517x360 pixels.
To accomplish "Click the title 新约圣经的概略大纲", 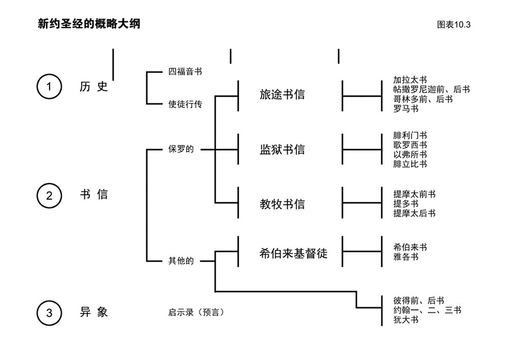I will (89, 25).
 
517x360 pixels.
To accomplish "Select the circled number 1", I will (49, 87).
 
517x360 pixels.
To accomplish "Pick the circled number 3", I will (49, 312).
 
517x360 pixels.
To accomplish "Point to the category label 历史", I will (94, 87).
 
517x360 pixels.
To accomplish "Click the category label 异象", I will (94, 312).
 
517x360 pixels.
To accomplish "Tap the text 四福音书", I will (185, 72).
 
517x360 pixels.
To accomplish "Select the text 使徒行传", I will (185, 104).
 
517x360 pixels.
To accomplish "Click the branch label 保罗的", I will (181, 149).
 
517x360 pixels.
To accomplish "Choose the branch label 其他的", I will (181, 261).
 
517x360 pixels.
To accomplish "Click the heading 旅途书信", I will (282, 94).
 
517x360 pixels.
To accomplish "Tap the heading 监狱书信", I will (282, 149).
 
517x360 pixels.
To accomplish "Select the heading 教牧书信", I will (282, 204).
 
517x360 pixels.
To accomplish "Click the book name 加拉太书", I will (410, 80).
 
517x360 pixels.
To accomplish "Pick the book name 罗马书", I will (406, 109).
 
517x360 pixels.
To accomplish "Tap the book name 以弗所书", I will (410, 154).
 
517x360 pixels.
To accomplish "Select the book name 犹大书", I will (406, 320).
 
